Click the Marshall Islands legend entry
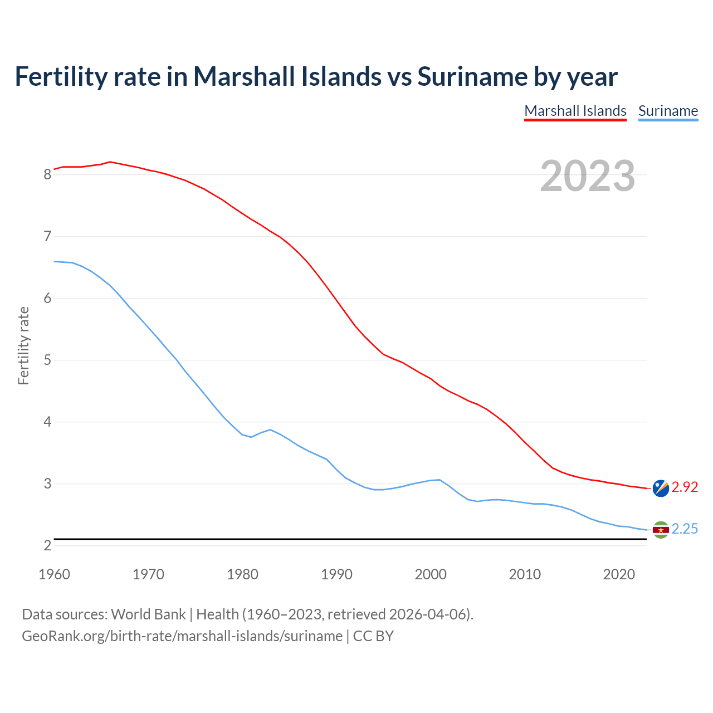point(575,111)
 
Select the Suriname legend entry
point(668,111)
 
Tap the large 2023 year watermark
point(587,176)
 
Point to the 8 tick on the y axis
point(47,175)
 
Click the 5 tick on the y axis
point(47,360)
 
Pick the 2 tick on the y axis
point(47,546)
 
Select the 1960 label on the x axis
point(54,574)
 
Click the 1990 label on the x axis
point(336,574)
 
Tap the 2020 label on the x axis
point(619,574)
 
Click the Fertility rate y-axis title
point(23,345)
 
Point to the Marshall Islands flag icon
point(661,488)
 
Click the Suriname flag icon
point(661,530)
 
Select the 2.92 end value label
point(685,487)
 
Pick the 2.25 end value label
point(685,529)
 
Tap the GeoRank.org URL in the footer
point(182,636)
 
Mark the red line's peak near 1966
point(110,162)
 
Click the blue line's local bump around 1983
point(270,429)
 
